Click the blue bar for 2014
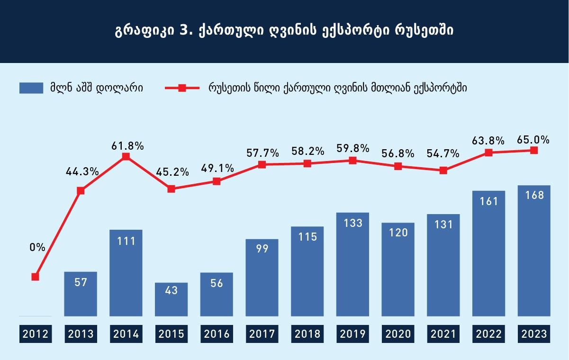click(126, 273)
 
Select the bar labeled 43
click(171, 299)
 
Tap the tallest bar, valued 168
click(534, 251)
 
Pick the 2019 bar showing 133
click(352, 264)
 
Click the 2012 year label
click(36, 334)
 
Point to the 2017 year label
click(262, 334)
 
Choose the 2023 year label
click(534, 334)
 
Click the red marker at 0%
click(36, 277)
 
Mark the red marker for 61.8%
click(126, 156)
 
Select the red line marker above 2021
click(443, 171)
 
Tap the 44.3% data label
click(82, 172)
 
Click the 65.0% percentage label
click(533, 140)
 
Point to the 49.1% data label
click(217, 168)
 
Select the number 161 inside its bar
click(489, 201)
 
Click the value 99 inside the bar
click(262, 249)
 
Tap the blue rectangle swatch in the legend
click(31, 88)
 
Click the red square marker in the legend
click(182, 88)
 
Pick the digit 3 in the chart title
click(183, 30)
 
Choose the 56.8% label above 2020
click(398, 153)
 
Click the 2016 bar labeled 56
click(217, 295)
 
